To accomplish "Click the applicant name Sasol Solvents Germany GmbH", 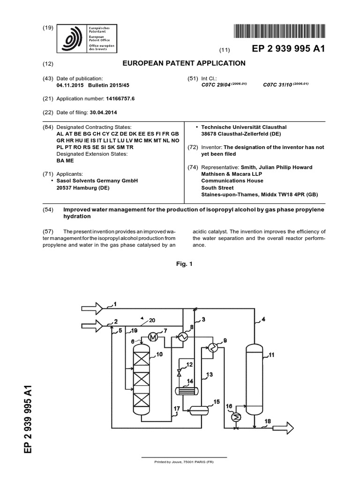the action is (97, 180).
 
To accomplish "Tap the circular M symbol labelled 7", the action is (153, 337).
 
